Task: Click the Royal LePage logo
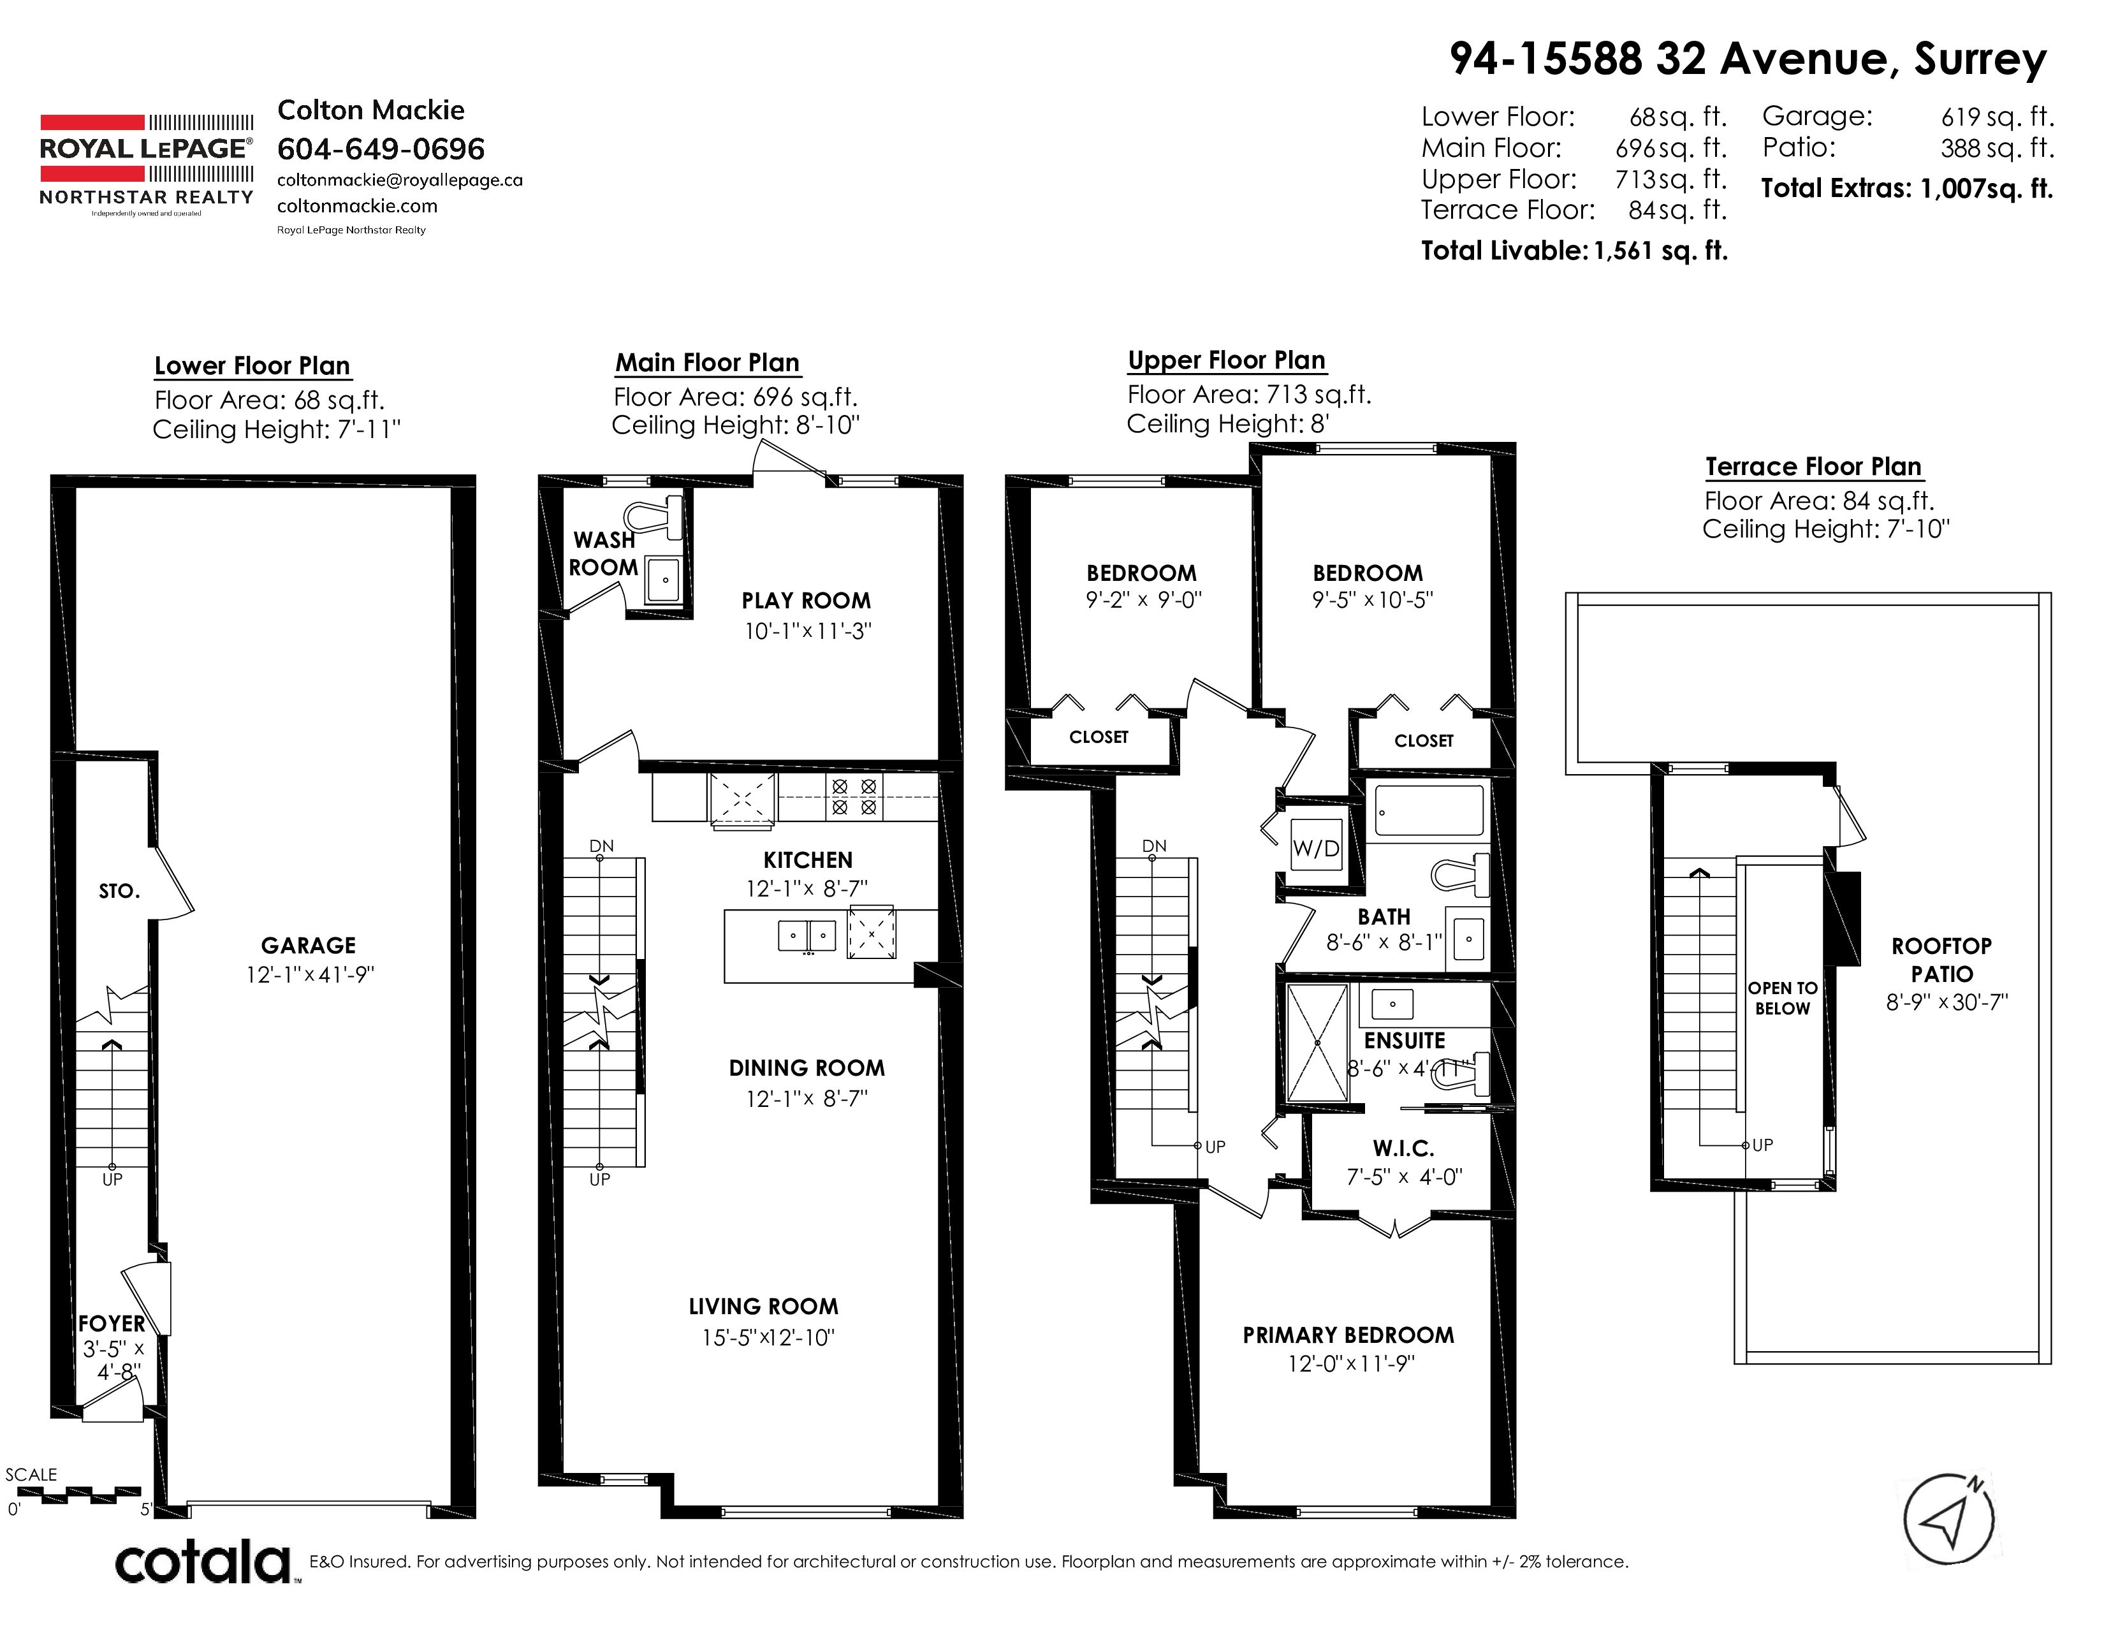pyautogui.click(x=147, y=165)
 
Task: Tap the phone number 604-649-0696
pyautogui.click(x=381, y=149)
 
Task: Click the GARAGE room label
pyautogui.click(x=309, y=945)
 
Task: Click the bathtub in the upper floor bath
pyautogui.click(x=1429, y=810)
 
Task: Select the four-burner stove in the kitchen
pyautogui.click(x=854, y=796)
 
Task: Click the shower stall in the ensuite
pyautogui.click(x=1317, y=1043)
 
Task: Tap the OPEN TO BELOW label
pyautogui.click(x=1782, y=998)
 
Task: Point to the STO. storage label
pyautogui.click(x=119, y=891)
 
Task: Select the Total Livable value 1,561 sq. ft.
pyautogui.click(x=1661, y=251)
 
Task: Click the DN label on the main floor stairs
pyautogui.click(x=601, y=846)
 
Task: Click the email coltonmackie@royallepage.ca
pyautogui.click(x=400, y=180)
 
